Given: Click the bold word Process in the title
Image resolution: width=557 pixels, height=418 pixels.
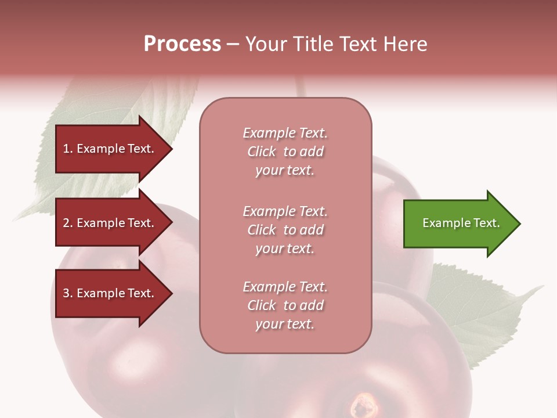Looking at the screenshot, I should [x=182, y=44].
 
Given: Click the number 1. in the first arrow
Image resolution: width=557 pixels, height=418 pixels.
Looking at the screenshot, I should [x=68, y=149].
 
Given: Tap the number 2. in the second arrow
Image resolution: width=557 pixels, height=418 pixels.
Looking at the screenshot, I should [x=68, y=223].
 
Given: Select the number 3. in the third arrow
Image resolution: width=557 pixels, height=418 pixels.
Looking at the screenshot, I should [x=68, y=293].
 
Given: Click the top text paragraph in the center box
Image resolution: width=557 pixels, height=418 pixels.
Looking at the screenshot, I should [x=285, y=152].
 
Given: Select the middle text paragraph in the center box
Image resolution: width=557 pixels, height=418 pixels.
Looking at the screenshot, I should [x=285, y=230].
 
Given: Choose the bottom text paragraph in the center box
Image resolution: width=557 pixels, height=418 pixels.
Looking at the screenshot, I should [x=285, y=305].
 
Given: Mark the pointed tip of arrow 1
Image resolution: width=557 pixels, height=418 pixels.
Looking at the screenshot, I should [x=171, y=149].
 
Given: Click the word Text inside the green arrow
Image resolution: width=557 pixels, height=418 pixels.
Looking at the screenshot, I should [x=487, y=223].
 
